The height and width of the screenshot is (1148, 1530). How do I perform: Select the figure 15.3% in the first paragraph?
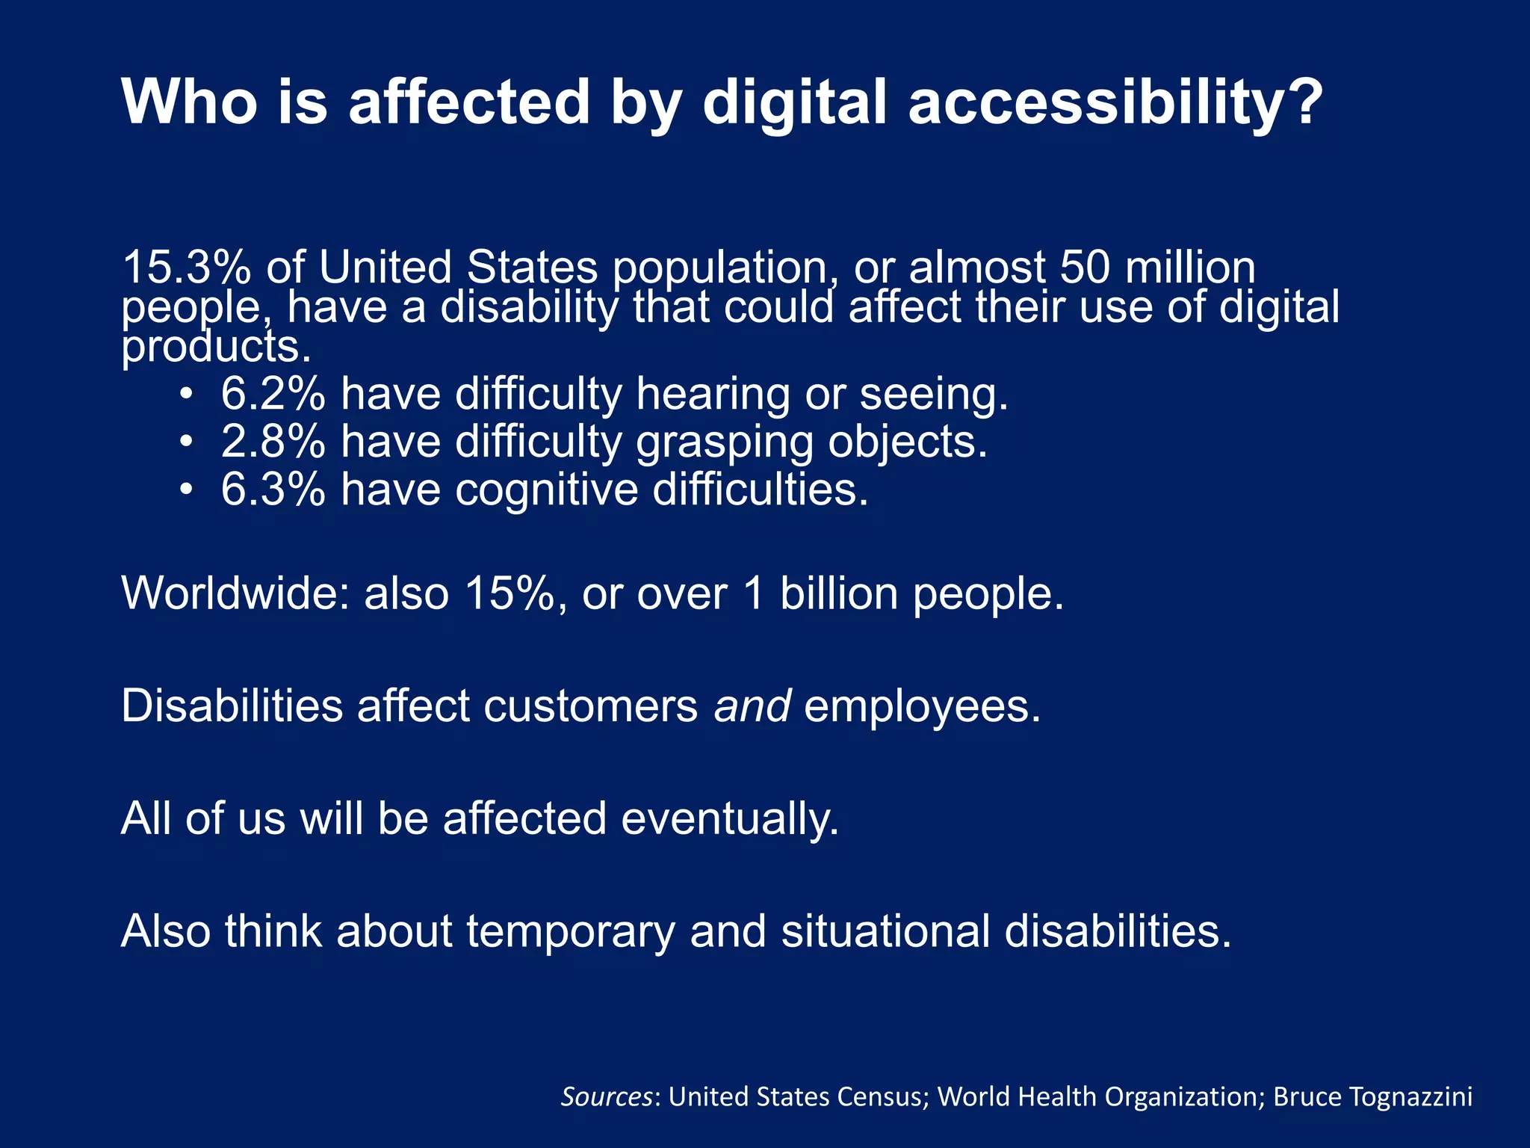click(x=186, y=267)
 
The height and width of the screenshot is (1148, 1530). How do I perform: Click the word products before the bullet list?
click(x=215, y=347)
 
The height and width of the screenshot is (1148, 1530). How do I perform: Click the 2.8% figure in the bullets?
click(x=273, y=442)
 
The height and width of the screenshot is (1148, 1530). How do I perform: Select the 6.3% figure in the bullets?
click(x=273, y=490)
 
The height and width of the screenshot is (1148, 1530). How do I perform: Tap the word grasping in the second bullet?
click(x=724, y=443)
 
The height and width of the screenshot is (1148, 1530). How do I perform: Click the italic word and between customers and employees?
click(x=752, y=706)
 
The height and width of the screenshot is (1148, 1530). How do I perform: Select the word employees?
click(x=921, y=707)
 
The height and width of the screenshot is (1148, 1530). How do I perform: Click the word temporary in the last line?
click(x=571, y=932)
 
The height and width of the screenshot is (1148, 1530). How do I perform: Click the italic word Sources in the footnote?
click(x=607, y=1096)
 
